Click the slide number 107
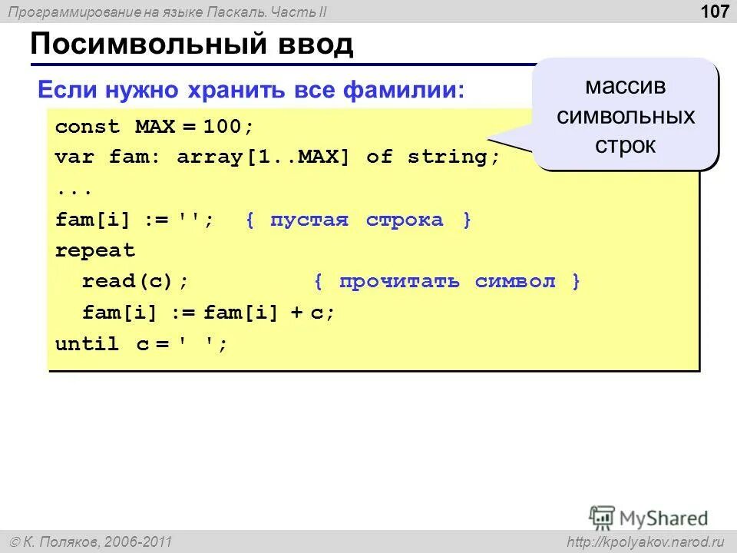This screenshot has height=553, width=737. point(714,12)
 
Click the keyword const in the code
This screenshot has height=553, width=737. point(88,127)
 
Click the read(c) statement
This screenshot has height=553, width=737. point(134,282)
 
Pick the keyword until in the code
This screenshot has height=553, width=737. point(88,344)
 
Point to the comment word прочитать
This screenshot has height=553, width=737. point(399,282)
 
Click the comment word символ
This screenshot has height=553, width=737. point(514,282)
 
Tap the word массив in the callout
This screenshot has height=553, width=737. point(626,86)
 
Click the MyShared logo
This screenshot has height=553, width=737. point(649,516)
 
